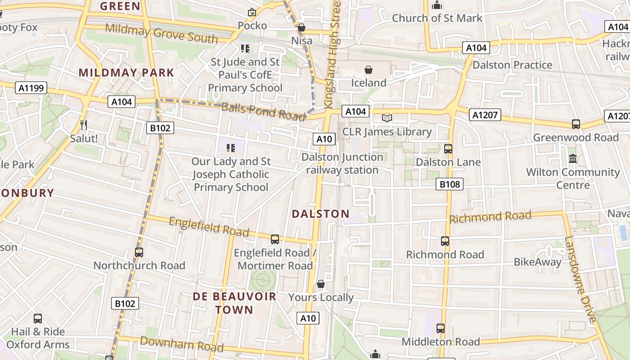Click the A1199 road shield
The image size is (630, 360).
[x=31, y=88]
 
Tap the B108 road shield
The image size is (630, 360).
[x=449, y=184]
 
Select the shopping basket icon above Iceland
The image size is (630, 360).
[x=369, y=70]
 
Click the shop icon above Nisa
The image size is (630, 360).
[x=301, y=28]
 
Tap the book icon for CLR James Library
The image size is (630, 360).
[x=387, y=118]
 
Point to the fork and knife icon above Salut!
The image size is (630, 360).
[x=83, y=125]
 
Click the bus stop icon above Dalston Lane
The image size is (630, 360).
[x=448, y=149]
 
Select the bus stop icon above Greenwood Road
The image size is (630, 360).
[x=576, y=124]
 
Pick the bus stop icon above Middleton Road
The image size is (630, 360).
[x=440, y=328]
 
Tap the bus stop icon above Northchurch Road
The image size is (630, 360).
[x=139, y=252]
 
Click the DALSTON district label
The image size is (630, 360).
[x=320, y=214]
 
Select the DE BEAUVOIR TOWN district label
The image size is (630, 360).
[x=234, y=303]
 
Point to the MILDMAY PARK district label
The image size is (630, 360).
[x=126, y=72]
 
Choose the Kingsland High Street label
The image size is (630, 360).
[x=333, y=54]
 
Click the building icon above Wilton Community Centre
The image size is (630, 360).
[x=573, y=159]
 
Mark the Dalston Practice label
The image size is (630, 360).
[x=512, y=65]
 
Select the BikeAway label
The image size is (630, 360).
[x=537, y=262]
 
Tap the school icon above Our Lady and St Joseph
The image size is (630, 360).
[x=231, y=148]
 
